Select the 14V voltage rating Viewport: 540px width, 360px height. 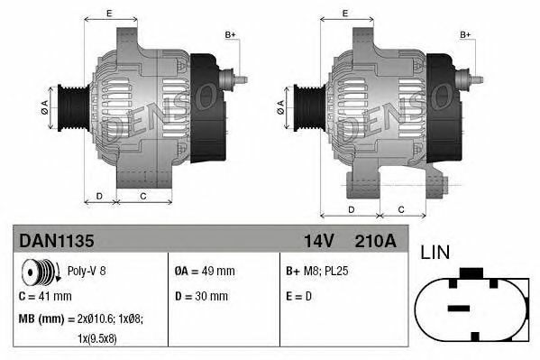click(316, 242)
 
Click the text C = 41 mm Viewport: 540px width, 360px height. click(45, 296)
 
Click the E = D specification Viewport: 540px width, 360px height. click(300, 296)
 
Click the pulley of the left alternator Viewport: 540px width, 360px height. click(71, 106)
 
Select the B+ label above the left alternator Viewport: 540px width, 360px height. click(230, 34)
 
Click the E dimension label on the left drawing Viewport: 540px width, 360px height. click(109, 13)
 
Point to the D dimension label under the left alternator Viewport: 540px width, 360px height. click(99, 195)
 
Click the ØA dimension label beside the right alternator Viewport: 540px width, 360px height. click(280, 105)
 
